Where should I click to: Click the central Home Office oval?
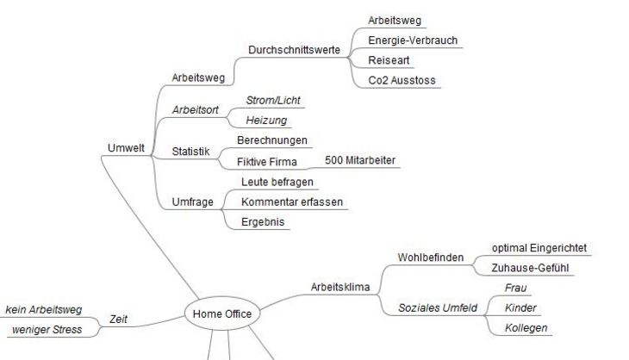[x=222, y=313]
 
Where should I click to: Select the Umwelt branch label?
[x=126, y=148]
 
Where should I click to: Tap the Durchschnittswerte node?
[x=294, y=50]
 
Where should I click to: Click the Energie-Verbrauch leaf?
[x=413, y=40]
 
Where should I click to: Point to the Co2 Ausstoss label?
[x=402, y=80]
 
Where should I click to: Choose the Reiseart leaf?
[x=389, y=60]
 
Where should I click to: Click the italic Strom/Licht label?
[x=273, y=100]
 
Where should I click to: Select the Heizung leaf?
[x=266, y=121]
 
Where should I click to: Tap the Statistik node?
[x=191, y=152]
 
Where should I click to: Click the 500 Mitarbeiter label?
[x=360, y=160]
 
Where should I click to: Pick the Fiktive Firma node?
[x=267, y=162]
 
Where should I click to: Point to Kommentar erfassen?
[x=292, y=202]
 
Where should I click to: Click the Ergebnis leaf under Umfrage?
[x=263, y=222]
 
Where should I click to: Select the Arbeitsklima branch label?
[x=340, y=287]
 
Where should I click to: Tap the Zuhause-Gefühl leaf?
[x=530, y=268]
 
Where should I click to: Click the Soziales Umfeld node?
[x=438, y=307]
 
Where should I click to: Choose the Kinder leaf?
[x=520, y=307]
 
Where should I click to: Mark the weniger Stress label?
[x=47, y=330]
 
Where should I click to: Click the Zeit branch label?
[x=118, y=320]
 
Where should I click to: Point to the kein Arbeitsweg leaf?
[x=44, y=309]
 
